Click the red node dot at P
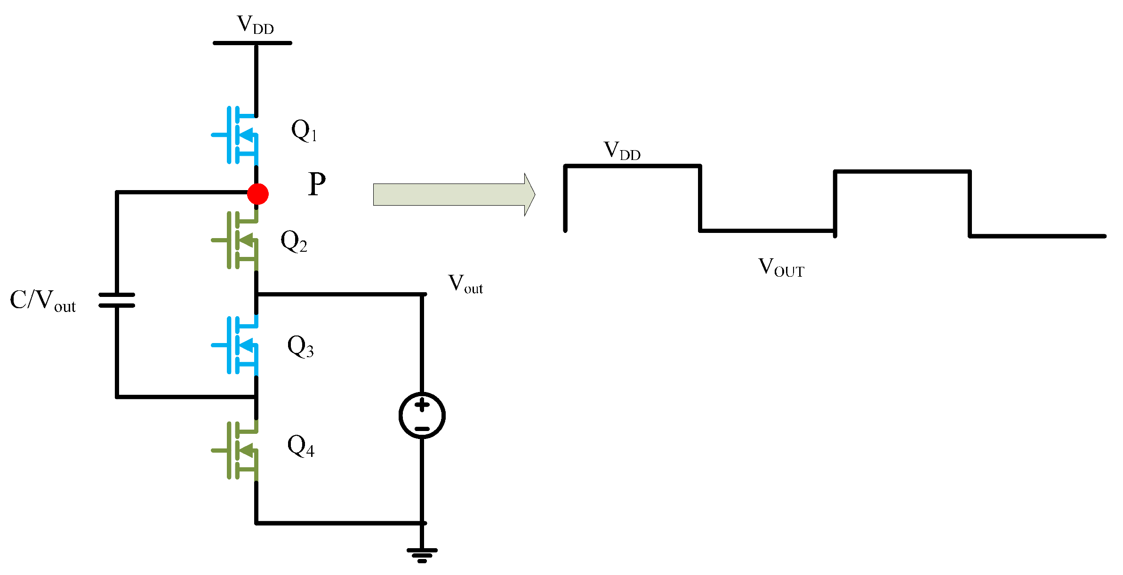(x=258, y=194)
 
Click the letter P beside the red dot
(x=317, y=184)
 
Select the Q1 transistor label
(x=304, y=130)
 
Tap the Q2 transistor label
(x=294, y=241)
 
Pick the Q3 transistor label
(x=300, y=347)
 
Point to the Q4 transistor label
(x=301, y=446)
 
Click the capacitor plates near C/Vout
(x=117, y=300)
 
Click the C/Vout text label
(x=43, y=300)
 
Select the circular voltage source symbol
(x=422, y=415)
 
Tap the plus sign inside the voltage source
(x=422, y=405)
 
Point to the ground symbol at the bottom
(x=422, y=555)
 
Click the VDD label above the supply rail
(x=255, y=24)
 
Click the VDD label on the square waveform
(x=622, y=151)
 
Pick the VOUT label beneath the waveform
(x=781, y=267)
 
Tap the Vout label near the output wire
(x=465, y=284)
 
